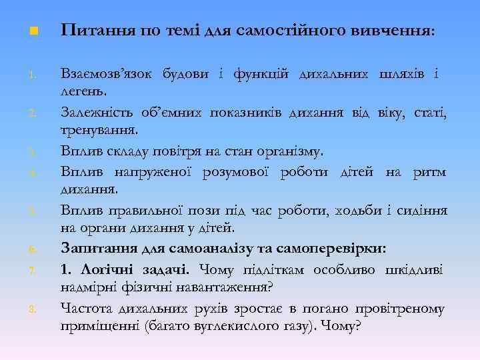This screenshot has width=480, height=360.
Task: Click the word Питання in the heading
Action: [x=91, y=31]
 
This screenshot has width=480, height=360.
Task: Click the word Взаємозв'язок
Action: [x=107, y=73]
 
